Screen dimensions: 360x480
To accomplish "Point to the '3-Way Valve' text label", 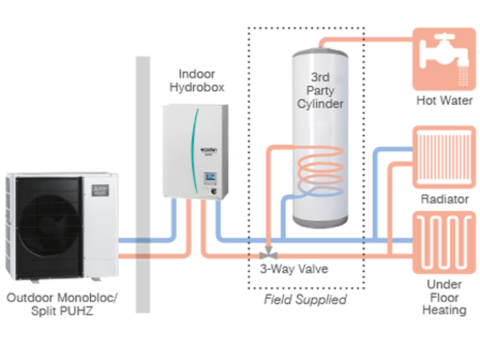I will pos(293,269).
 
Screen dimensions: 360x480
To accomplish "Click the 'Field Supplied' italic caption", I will pos(305,299).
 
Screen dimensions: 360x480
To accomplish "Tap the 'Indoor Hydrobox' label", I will pos(197,80).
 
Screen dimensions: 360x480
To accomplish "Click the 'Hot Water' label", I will pos(444,101).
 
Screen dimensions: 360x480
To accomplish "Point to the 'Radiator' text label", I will pos(444,199).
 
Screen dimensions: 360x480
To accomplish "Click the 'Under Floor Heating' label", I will pos(444,297).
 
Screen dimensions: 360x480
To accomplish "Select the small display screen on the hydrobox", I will pos(211,178).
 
